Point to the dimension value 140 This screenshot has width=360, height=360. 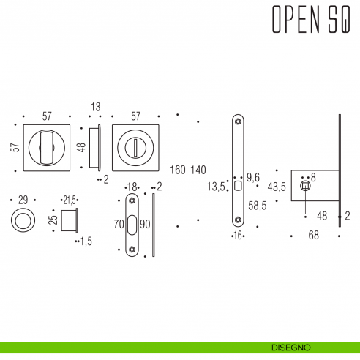(198, 170)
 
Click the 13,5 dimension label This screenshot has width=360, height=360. (217, 187)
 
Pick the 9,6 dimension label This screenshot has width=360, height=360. (253, 177)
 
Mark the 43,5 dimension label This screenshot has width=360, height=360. (276, 187)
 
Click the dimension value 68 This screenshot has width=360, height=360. (314, 236)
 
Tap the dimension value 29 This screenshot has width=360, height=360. (22, 200)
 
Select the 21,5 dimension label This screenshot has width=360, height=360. (70, 200)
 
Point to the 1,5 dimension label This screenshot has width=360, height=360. (86, 241)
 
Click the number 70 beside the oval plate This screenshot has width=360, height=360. (119, 225)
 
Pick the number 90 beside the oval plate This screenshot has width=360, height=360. (144, 225)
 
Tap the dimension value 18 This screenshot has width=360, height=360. (132, 187)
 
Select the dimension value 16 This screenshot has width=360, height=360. (237, 236)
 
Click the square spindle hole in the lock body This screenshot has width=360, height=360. (306, 188)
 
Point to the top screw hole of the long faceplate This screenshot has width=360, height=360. (238, 121)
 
